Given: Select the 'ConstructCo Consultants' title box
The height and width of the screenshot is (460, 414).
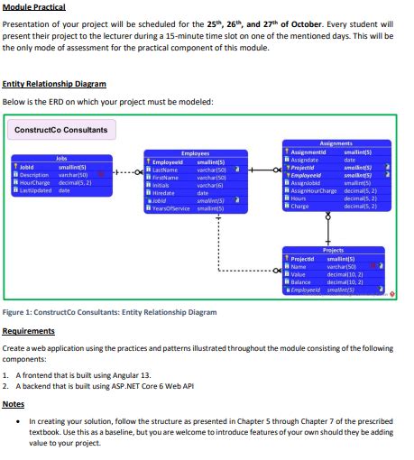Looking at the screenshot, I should pos(60,130).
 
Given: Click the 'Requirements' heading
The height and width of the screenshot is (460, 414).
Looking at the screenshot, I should pos(29,331).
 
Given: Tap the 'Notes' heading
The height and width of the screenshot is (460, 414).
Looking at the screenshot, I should pos(14,403).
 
